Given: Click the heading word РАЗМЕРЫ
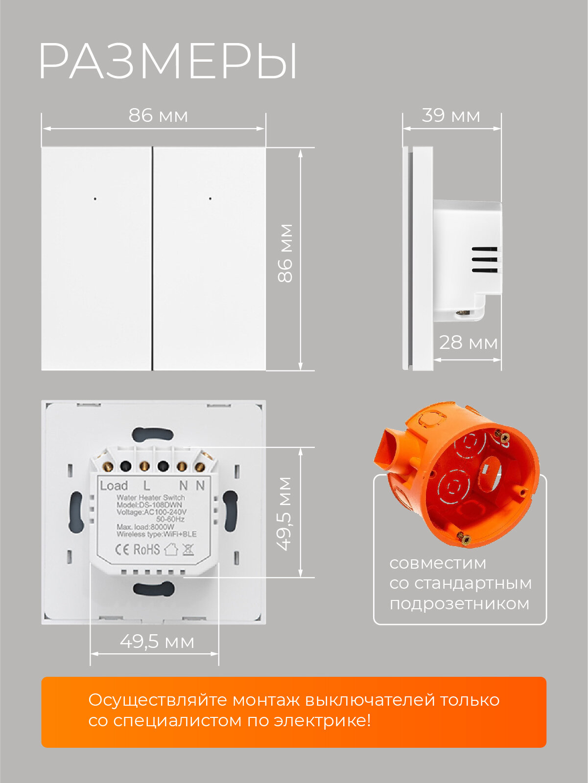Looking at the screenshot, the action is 168,61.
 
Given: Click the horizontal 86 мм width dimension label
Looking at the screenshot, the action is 158,115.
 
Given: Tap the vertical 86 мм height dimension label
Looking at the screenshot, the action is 285,253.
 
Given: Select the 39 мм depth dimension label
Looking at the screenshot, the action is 451,115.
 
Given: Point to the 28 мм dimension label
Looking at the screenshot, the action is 468,343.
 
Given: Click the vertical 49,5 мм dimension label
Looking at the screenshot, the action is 285,513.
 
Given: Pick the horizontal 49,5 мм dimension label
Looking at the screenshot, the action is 157,642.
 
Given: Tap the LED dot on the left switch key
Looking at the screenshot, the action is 95,199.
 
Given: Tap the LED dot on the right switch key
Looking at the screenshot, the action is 211,199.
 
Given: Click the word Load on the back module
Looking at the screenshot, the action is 114,485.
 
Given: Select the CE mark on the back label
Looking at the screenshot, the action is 122,549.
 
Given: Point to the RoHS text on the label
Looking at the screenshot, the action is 146,549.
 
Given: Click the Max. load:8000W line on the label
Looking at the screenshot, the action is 145,527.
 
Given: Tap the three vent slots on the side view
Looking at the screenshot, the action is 485,259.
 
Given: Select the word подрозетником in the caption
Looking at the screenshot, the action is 459,603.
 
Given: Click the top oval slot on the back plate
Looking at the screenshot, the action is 153,434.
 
